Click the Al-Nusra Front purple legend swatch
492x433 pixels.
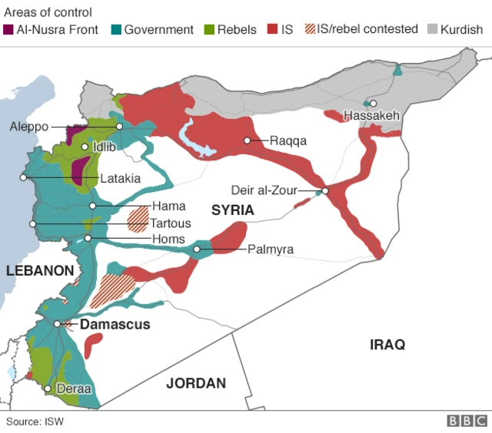(x=8, y=30)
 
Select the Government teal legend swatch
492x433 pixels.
(x=116, y=30)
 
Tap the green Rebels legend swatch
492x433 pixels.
(x=209, y=30)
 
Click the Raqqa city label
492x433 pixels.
(x=288, y=140)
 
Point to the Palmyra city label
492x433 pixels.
(x=270, y=250)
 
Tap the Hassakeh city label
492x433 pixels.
(x=372, y=116)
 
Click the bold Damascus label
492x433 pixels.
(x=115, y=325)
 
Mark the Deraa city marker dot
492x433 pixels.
(x=48, y=389)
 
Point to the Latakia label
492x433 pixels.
(x=120, y=178)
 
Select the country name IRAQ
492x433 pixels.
(x=387, y=344)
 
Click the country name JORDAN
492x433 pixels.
(x=196, y=383)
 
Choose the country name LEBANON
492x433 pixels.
(x=39, y=270)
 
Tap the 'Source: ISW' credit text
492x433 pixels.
(x=35, y=421)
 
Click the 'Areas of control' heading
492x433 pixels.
(x=48, y=12)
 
